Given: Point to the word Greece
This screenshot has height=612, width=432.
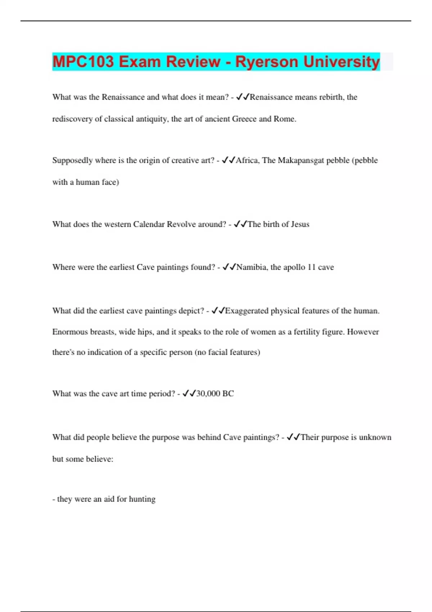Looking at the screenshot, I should click(x=244, y=119).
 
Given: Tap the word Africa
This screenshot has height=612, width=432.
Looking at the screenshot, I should click(x=247, y=161).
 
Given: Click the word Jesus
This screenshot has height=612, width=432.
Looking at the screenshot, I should click(x=300, y=224).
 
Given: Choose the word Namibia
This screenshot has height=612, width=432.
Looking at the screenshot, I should click(x=252, y=267).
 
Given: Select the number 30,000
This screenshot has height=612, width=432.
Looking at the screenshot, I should click(x=208, y=393).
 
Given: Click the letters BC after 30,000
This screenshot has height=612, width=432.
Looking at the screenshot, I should click(x=228, y=393).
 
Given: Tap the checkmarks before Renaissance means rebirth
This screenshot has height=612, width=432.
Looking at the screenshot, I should click(x=243, y=97).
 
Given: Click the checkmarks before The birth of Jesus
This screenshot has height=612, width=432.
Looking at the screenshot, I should click(x=240, y=224).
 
